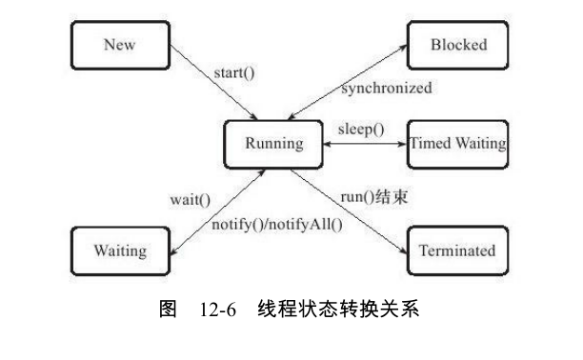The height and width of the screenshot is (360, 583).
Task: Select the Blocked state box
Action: [458, 45]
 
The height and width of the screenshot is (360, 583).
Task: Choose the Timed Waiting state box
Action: [458, 144]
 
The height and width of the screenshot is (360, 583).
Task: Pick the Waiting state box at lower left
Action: [120, 251]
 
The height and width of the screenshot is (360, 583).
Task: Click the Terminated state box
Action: [457, 251]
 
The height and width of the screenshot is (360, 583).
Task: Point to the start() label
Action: [237, 71]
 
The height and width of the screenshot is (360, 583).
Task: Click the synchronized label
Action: [387, 89]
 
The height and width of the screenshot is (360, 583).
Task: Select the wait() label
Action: [190, 202]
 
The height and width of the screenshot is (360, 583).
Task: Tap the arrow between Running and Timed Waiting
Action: [366, 145]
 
